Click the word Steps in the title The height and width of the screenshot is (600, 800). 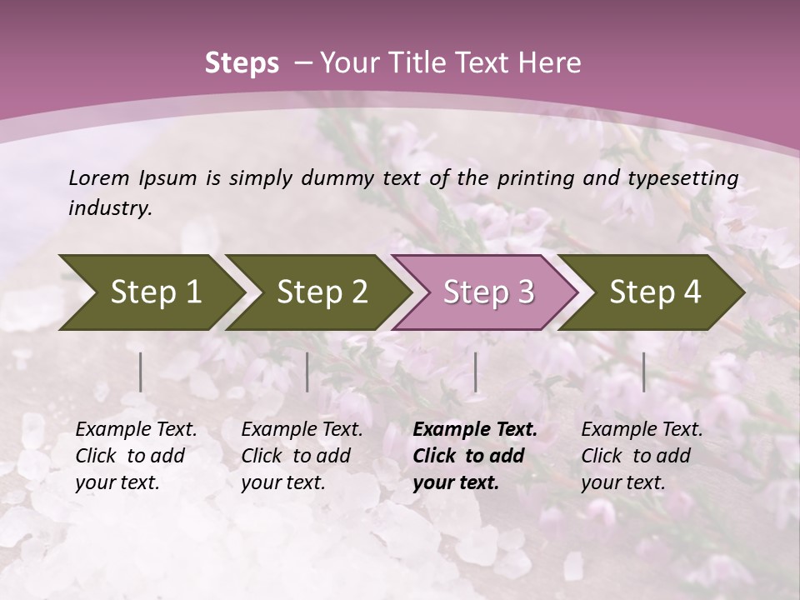tap(242, 63)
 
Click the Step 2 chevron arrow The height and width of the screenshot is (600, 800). tap(322, 292)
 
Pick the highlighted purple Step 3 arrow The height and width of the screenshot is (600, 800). tap(488, 292)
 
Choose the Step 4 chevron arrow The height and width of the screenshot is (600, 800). tap(655, 292)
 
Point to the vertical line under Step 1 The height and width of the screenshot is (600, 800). tap(141, 372)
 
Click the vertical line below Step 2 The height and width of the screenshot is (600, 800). tap(307, 372)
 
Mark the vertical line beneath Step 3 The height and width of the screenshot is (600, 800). tap(476, 372)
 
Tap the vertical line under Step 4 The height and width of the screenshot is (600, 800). tap(644, 372)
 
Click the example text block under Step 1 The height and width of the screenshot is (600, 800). tap(136, 456)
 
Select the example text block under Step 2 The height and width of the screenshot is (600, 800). tap(302, 456)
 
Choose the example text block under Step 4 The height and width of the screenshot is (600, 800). tap(642, 456)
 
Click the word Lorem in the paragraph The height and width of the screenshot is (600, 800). tap(98, 178)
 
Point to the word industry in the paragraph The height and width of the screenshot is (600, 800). tap(110, 208)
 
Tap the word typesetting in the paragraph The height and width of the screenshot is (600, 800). tap(689, 178)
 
